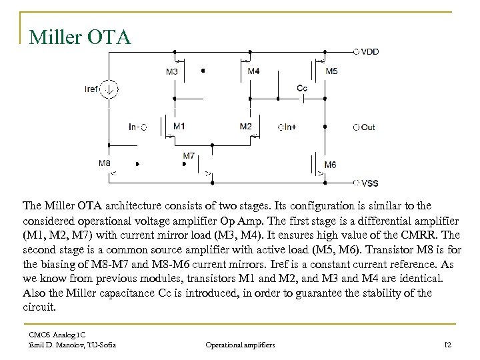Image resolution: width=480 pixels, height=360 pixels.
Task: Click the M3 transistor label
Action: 172,71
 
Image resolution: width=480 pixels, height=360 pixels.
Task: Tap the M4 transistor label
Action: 253,71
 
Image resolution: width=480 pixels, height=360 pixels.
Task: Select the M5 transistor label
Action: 331,71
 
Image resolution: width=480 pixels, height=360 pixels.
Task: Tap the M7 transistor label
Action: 189,156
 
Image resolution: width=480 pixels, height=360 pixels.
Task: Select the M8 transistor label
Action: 105,163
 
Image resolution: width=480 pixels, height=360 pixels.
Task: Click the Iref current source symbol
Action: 111,89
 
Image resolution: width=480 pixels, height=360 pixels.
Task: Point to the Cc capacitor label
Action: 302,88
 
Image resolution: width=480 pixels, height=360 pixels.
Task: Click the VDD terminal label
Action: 369,51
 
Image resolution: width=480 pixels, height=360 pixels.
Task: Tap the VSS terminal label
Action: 369,183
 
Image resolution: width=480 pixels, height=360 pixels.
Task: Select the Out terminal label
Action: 367,127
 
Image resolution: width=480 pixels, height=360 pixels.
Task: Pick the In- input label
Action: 135,127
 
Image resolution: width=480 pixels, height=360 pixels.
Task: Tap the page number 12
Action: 447,344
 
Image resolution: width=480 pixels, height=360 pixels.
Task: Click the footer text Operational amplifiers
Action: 241,344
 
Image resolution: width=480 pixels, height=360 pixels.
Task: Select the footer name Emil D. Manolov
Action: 51,344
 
